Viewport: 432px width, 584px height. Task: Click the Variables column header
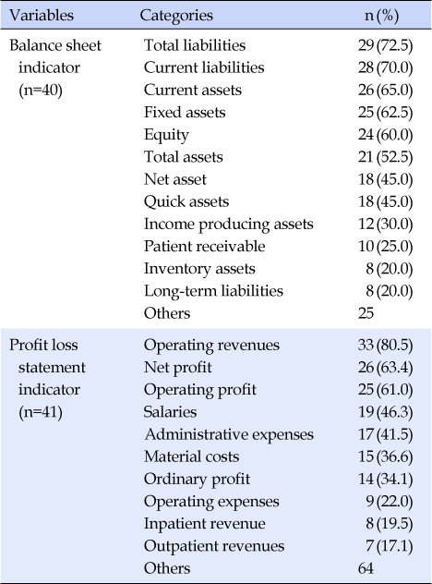[42, 16]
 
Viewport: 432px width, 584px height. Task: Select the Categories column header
[176, 16]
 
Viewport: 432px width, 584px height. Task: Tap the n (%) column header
[381, 16]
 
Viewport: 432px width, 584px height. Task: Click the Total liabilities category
[195, 45]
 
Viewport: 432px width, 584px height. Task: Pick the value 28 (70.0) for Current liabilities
[386, 67]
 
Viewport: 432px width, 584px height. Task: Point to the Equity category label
[166, 135]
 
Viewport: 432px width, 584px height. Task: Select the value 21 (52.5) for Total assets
[386, 157]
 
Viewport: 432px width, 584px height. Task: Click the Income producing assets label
[229, 225]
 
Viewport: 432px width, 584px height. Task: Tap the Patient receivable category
[204, 247]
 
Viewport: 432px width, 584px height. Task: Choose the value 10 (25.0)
[386, 247]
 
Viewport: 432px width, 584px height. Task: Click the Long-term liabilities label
[213, 291]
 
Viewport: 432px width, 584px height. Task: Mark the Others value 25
[366, 313]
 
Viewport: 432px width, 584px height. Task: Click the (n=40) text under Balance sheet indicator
[41, 91]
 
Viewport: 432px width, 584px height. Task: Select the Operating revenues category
[211, 346]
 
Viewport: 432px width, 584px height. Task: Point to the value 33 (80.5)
[386, 346]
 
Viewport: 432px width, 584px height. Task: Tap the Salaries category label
[170, 412]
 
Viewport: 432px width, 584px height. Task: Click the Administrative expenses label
[229, 434]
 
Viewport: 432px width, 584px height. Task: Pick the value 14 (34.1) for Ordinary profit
[386, 480]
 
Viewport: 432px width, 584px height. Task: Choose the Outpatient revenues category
[214, 546]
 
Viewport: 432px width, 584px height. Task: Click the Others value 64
[366, 568]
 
